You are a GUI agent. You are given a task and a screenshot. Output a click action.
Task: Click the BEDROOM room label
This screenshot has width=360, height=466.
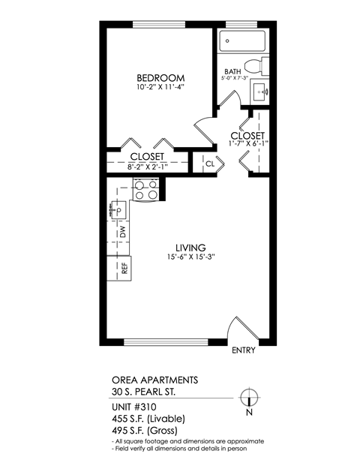click(160, 77)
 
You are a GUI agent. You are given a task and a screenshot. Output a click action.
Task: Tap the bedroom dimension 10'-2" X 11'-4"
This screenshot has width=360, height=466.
click(160, 87)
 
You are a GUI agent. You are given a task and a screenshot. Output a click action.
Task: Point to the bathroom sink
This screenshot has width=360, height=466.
click(263, 92)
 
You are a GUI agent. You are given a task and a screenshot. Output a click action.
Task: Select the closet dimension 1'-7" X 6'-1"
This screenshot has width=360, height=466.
click(248, 143)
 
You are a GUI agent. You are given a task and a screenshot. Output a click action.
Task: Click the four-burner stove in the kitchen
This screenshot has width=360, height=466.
click(145, 190)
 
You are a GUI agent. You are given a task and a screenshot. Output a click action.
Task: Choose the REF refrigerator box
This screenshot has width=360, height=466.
click(123, 267)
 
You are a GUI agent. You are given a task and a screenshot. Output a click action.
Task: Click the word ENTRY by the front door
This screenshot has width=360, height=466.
click(244, 350)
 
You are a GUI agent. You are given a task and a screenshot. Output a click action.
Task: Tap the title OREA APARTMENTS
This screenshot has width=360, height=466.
click(145, 380)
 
